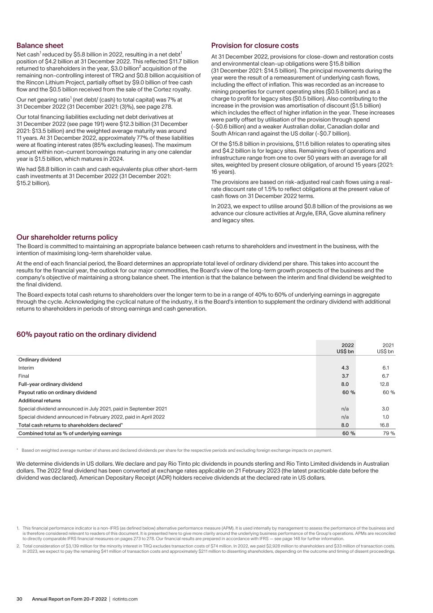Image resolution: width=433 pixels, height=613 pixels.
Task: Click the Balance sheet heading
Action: pyautogui.click(x=40, y=45)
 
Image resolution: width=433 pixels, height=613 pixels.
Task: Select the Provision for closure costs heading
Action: pyautogui.click(x=254, y=45)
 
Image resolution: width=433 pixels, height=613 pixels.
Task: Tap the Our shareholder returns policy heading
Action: pyautogui.click(x=67, y=237)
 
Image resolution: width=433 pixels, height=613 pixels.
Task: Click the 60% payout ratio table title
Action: pyautogui.click(x=86, y=334)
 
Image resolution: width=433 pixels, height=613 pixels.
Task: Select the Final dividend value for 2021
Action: pyautogui.click(x=385, y=376)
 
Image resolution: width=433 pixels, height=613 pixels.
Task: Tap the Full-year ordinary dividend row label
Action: pyautogui.click(x=50, y=384)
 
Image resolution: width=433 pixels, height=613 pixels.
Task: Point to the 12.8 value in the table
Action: pyautogui.click(x=384, y=384)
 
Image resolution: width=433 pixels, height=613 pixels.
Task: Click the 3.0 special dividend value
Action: pyautogui.click(x=385, y=409)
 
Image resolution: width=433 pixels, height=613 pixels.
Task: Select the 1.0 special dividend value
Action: pyautogui.click(x=385, y=417)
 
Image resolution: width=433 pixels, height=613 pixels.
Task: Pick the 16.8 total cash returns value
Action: pyautogui.click(x=384, y=425)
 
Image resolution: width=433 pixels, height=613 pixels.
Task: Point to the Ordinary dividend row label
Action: pyautogui.click(x=39, y=360)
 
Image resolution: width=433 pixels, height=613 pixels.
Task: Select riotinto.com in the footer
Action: pyautogui.click(x=125, y=599)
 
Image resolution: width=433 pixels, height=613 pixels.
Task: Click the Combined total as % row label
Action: pyautogui.click(x=70, y=433)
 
